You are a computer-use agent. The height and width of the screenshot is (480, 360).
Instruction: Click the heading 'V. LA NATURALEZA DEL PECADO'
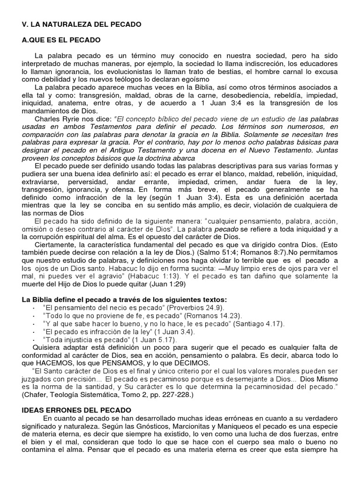(82, 23)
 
